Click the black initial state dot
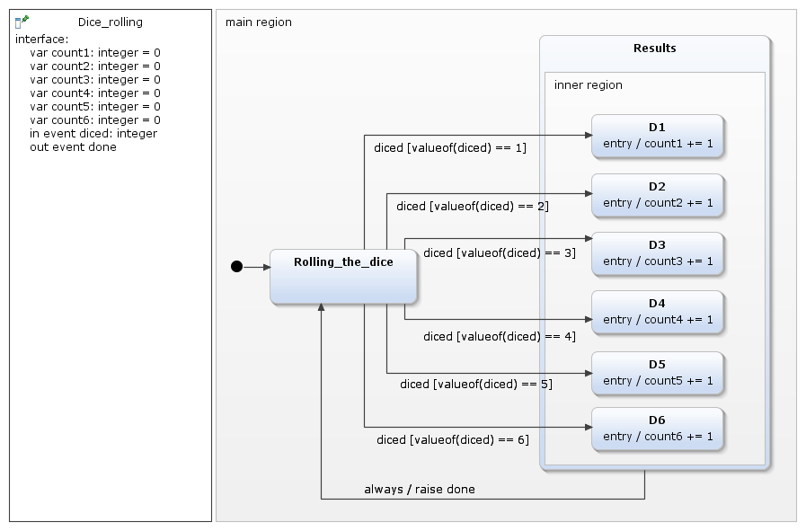point(236,266)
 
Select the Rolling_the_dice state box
point(344,277)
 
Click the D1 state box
point(657,136)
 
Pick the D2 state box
point(657,195)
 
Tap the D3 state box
point(657,253)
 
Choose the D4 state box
point(657,312)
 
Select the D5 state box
point(657,373)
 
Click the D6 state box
point(657,429)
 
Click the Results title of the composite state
point(654,49)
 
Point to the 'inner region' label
point(588,85)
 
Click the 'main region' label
point(259,22)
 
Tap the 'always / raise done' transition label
point(420,490)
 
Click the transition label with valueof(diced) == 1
point(450,148)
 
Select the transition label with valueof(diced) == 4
point(500,337)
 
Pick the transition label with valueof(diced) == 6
point(453,440)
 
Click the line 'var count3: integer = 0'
point(95,80)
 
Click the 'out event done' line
point(73,147)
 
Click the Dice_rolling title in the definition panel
point(110,22)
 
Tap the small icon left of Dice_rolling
point(22,22)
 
